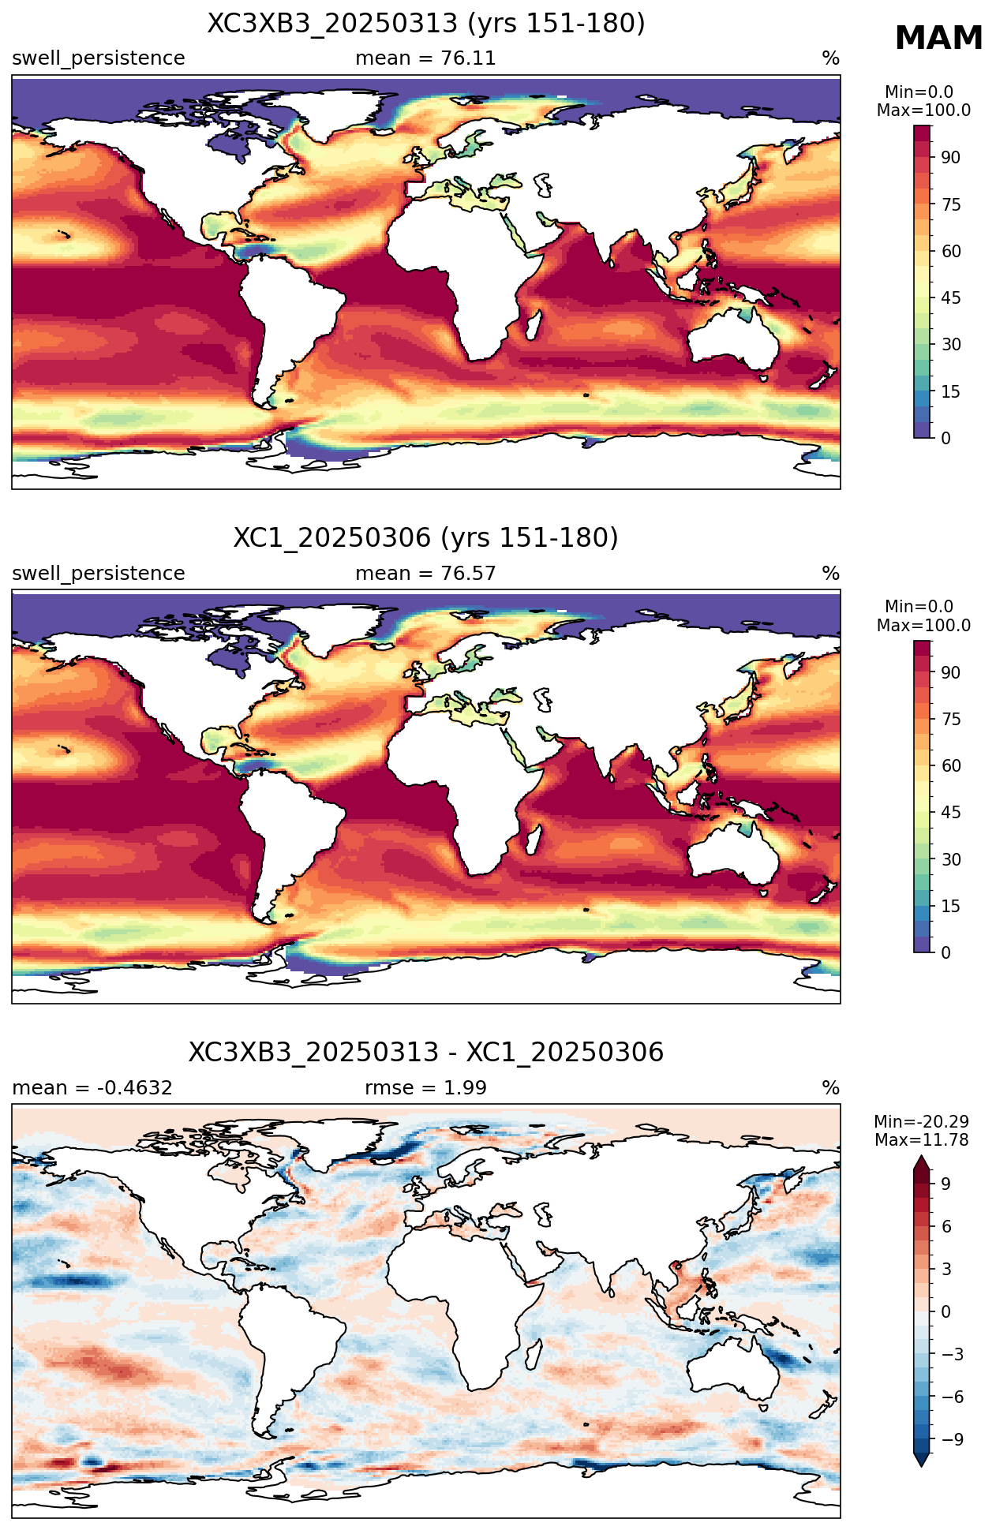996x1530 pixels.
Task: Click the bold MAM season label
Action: tap(938, 39)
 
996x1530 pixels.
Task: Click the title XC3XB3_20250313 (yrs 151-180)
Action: tap(426, 24)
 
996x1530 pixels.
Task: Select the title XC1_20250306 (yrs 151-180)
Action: tap(426, 538)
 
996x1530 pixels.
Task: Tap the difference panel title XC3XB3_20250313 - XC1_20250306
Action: tap(426, 1053)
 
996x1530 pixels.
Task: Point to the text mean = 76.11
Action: tap(425, 58)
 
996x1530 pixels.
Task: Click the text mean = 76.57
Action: tap(425, 574)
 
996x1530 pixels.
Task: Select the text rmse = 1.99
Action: tap(425, 1088)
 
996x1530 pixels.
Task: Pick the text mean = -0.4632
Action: tap(92, 1088)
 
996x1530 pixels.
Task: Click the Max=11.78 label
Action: tap(922, 1140)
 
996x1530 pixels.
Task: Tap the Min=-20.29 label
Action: tap(922, 1122)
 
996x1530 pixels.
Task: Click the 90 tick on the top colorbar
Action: tap(950, 158)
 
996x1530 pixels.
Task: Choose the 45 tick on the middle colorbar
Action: tap(950, 813)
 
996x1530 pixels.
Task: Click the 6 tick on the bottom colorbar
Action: tap(946, 1226)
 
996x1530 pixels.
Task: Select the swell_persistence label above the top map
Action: tap(99, 59)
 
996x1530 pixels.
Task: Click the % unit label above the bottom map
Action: tap(830, 1088)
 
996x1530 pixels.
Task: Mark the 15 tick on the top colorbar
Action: tap(950, 391)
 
